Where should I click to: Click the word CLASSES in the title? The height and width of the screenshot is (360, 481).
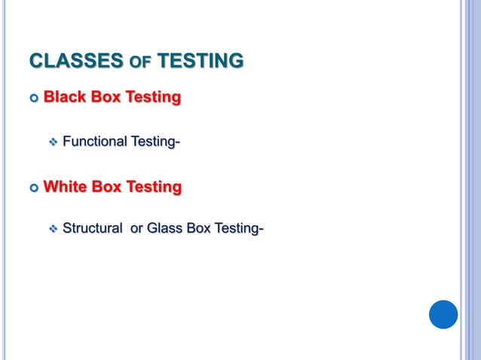[x=75, y=60]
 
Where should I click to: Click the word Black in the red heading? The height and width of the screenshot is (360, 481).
[x=65, y=97]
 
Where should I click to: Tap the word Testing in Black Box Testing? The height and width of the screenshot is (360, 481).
[x=155, y=97]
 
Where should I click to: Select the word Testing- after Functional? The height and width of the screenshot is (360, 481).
[x=157, y=141]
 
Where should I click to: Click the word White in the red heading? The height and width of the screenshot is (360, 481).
[x=66, y=185]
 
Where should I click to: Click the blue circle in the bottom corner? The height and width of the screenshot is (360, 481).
[x=443, y=314]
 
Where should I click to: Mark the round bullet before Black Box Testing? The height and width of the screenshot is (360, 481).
[x=34, y=98]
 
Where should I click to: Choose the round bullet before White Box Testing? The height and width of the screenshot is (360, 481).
[x=34, y=186]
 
